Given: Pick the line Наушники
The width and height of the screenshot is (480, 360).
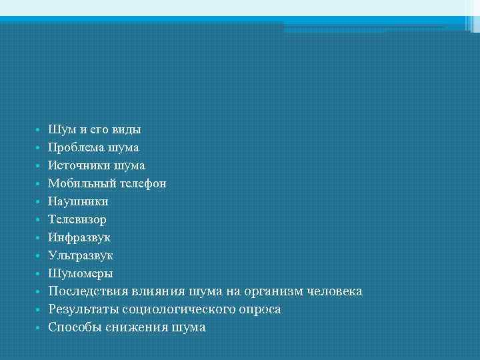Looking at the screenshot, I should tap(78, 201).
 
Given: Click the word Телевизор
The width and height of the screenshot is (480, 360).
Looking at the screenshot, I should tap(77, 219).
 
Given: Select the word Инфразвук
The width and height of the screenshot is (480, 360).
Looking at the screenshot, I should tap(79, 237).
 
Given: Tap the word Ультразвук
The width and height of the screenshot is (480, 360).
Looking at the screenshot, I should tap(81, 255).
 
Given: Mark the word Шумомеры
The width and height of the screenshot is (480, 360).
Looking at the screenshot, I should tap(81, 273).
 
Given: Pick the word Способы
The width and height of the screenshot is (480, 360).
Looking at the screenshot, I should tap(75, 327).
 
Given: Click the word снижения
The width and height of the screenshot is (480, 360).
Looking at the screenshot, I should tap(136, 327).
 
